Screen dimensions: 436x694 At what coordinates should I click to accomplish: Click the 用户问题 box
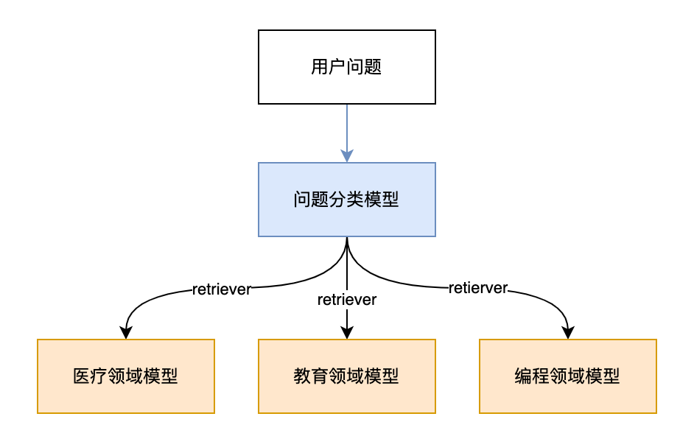click(346, 68)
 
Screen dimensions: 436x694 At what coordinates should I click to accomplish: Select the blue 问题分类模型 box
click(346, 200)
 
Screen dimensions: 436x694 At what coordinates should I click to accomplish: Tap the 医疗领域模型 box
click(125, 376)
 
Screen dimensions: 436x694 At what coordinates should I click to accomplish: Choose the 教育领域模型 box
click(346, 376)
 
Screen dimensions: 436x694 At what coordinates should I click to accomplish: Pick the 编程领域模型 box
click(567, 376)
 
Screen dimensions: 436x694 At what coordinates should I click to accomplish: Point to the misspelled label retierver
click(478, 288)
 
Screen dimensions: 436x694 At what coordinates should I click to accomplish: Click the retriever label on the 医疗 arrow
click(221, 289)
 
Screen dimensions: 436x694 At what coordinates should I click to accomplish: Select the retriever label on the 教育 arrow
click(346, 300)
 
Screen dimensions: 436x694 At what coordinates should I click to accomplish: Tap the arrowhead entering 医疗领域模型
click(126, 332)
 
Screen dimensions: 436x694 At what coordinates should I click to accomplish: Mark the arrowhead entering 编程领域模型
click(567, 332)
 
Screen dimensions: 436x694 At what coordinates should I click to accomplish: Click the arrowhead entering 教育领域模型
click(346, 332)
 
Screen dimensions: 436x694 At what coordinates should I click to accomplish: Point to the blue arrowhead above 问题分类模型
click(346, 155)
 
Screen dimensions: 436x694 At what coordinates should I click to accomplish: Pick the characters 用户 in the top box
click(329, 68)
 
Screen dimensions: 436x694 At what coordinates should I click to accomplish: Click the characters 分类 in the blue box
click(346, 200)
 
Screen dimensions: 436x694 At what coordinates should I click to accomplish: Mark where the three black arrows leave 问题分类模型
click(346, 239)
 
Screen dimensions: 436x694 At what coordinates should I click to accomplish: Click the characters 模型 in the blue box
click(382, 200)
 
